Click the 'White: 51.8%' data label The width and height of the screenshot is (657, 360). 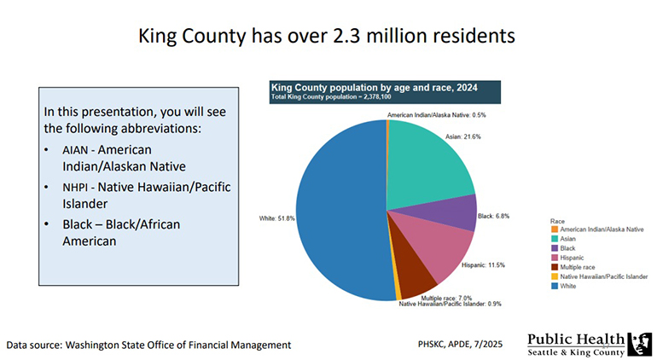tap(276, 218)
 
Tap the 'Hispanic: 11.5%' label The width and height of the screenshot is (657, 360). tap(484, 265)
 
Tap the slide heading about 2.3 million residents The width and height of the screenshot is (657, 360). tap(327, 37)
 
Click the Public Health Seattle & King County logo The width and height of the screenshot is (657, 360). tap(589, 344)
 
